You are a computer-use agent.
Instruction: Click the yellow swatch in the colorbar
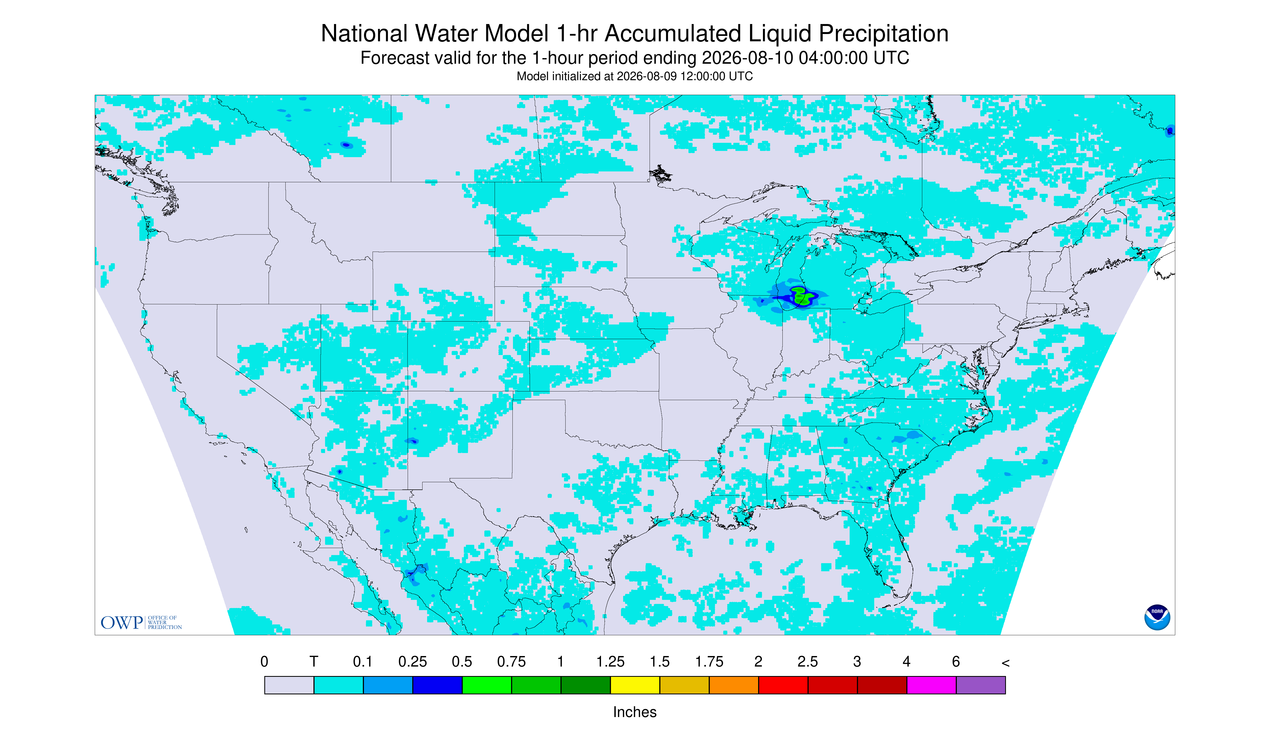635,685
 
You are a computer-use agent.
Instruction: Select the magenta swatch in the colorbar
931,685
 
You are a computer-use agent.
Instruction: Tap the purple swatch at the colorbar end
981,685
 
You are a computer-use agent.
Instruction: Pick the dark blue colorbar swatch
437,685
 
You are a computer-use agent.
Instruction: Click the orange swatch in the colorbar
734,685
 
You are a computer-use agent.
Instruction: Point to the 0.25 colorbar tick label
413,662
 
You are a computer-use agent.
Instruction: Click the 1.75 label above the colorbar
709,662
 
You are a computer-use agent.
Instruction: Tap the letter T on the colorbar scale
314,662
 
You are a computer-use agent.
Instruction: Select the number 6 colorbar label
956,662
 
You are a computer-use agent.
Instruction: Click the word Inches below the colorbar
635,712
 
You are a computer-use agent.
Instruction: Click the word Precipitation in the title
883,33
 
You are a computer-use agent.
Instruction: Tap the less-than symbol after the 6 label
1005,663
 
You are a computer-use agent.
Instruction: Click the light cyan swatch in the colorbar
339,685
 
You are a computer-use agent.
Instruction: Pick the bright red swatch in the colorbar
783,685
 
